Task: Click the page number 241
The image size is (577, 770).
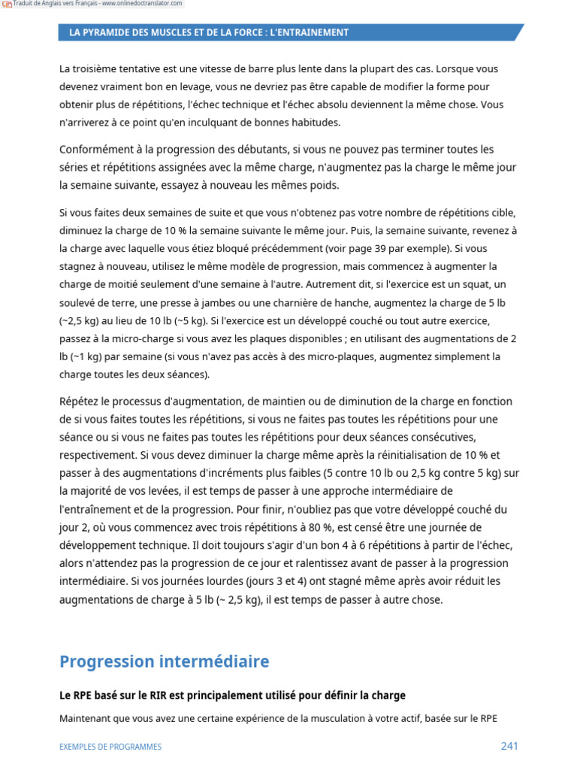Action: [x=509, y=746]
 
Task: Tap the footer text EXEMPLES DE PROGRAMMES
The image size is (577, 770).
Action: [x=110, y=747]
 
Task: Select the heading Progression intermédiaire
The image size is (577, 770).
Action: [x=164, y=662]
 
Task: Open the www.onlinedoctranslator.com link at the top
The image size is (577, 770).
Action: [x=143, y=4]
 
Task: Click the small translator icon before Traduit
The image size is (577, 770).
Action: [x=7, y=4]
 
